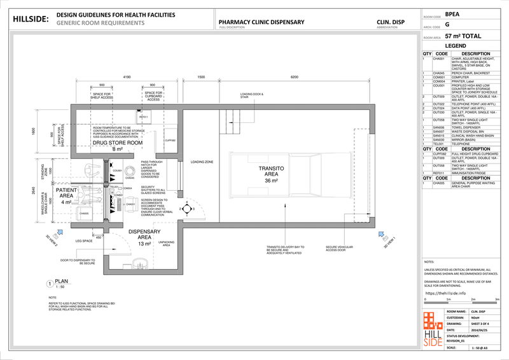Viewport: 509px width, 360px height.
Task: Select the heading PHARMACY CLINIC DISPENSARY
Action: click(x=261, y=22)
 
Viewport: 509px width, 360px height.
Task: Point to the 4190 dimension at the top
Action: click(x=126, y=76)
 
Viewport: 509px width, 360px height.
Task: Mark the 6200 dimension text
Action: click(x=294, y=76)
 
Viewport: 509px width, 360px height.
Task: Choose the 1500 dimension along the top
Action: click(x=200, y=76)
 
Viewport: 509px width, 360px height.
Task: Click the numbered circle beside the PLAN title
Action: click(x=50, y=284)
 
